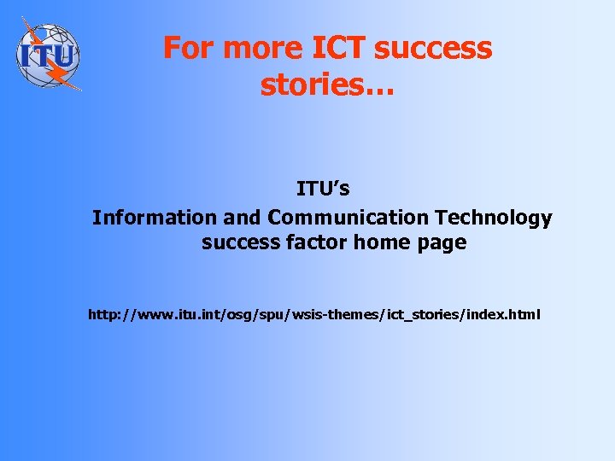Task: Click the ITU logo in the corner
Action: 48,54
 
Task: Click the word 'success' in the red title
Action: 433,48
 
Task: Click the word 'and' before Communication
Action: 243,218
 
